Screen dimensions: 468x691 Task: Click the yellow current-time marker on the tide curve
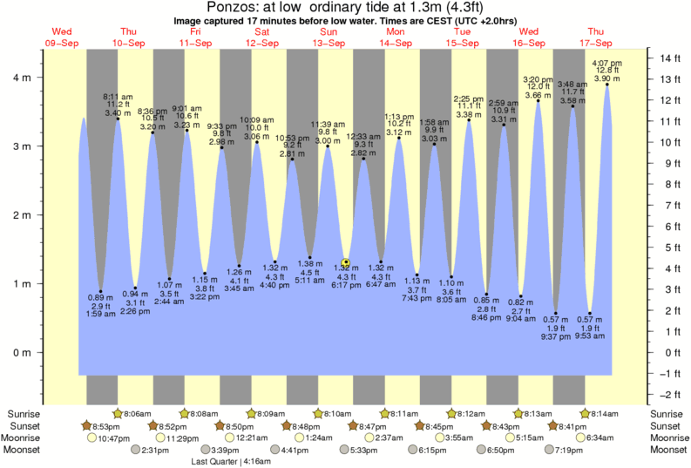click(346, 261)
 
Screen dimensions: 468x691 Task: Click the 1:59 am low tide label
click(101, 314)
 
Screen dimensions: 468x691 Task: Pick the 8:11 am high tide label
click(118, 96)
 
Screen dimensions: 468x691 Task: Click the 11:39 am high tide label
click(328, 125)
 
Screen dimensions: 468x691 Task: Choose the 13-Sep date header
click(328, 43)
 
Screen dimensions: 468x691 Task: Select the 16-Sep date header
click(528, 43)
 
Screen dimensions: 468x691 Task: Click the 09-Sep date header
click(61, 43)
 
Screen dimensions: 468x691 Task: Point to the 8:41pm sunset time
click(571, 425)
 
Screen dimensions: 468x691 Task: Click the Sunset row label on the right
click(665, 425)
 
